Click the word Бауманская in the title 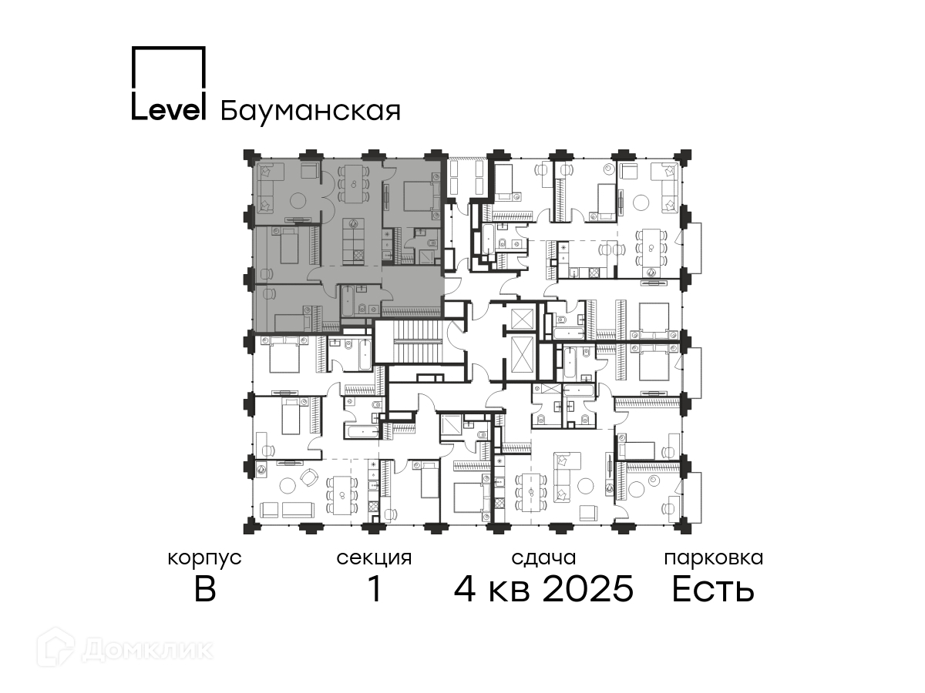[x=310, y=112]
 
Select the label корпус [x=204, y=559]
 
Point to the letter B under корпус [x=205, y=589]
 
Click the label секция [x=374, y=558]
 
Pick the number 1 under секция [x=375, y=589]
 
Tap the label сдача [x=543, y=558]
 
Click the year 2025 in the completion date [x=588, y=589]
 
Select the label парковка [x=714, y=559]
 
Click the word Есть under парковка [x=712, y=589]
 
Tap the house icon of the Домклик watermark [x=55, y=647]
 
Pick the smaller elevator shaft [x=521, y=319]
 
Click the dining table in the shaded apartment [x=354, y=184]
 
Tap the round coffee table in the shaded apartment [x=300, y=201]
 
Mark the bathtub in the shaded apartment [x=348, y=301]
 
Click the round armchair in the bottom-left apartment [x=310, y=477]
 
